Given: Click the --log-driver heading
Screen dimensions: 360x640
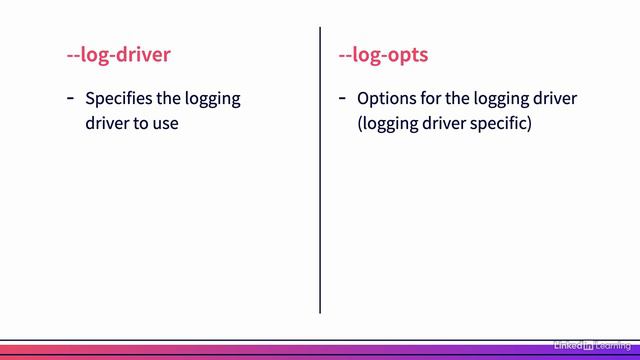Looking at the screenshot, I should pos(118,54).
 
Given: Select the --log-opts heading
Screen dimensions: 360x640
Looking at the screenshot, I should pos(383,54).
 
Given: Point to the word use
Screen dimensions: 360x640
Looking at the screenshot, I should pos(165,125).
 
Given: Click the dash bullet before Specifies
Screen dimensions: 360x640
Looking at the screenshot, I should pos(70,98).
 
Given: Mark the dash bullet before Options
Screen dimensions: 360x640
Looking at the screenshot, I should pos(342,98).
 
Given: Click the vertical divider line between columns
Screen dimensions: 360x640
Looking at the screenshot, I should pos(320,170).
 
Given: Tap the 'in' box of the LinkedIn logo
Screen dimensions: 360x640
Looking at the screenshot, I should pos(589,345).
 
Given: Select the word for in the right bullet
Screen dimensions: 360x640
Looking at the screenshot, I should pos(432,99).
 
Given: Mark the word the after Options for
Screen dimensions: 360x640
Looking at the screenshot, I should pos(461,99).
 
